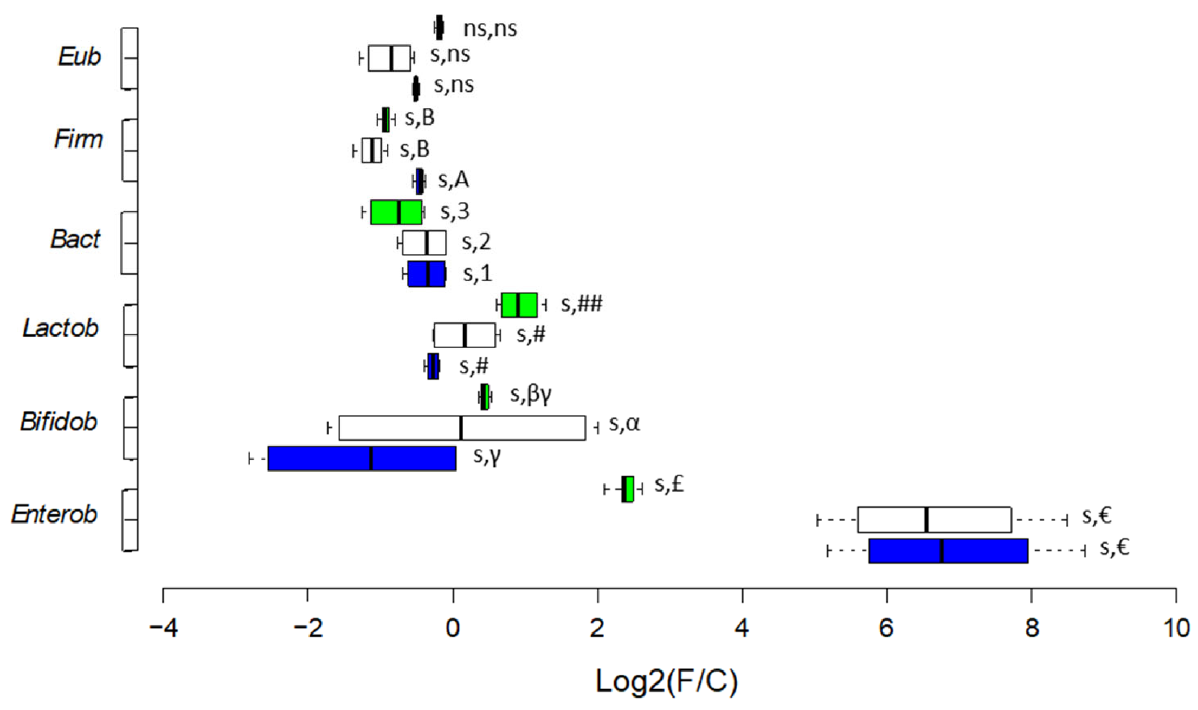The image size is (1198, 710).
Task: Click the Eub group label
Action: coord(79,56)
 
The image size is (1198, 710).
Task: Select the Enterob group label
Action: coord(54,514)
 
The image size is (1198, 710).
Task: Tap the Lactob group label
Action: coord(60,328)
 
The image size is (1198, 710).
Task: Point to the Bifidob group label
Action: coord(59,422)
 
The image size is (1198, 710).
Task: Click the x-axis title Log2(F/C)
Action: coord(667,681)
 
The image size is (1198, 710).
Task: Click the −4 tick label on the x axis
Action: coord(164,629)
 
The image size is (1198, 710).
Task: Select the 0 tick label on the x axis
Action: coord(453,629)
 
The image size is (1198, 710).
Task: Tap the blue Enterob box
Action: coord(949,551)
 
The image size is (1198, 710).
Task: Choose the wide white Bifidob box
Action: coord(462,428)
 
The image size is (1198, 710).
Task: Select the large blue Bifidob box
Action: coord(362,459)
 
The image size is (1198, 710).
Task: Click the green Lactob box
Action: coord(519,305)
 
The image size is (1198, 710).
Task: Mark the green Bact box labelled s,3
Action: coord(396,212)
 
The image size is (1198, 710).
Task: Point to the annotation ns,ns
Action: coord(490,29)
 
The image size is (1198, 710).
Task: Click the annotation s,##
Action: coord(581,304)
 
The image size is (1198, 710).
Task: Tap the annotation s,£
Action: coord(669,484)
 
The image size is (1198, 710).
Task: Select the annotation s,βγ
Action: coord(531,395)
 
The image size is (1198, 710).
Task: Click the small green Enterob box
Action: coord(627,489)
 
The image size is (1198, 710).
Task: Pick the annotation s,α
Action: coord(624,424)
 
